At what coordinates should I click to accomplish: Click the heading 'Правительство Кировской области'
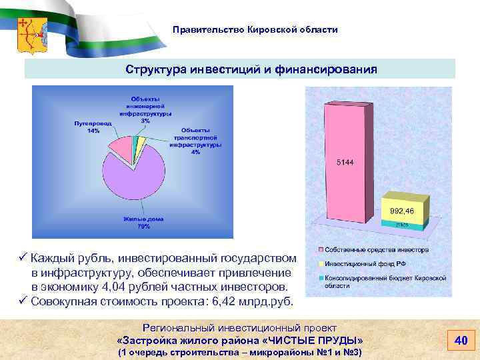click(x=255, y=30)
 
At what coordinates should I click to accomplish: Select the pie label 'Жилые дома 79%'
click(x=143, y=223)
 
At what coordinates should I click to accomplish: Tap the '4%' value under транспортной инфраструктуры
click(x=195, y=152)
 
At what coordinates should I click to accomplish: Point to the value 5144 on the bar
click(x=345, y=162)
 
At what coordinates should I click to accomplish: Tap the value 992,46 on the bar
click(x=402, y=211)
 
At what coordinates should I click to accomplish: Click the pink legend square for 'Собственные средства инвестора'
click(x=321, y=249)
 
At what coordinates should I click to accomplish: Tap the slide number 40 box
click(x=459, y=341)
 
